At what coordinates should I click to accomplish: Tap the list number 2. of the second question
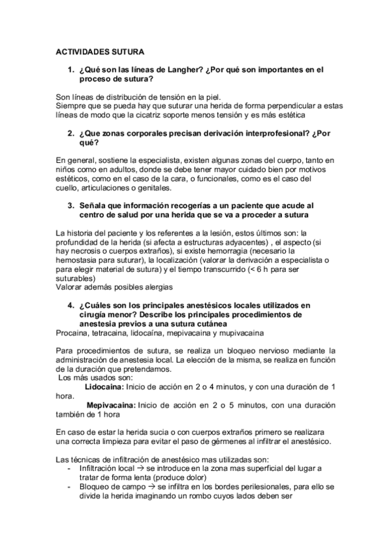pos(71,133)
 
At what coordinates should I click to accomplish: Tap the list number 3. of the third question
pos(71,206)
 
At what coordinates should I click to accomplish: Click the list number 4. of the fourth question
pos(71,305)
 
